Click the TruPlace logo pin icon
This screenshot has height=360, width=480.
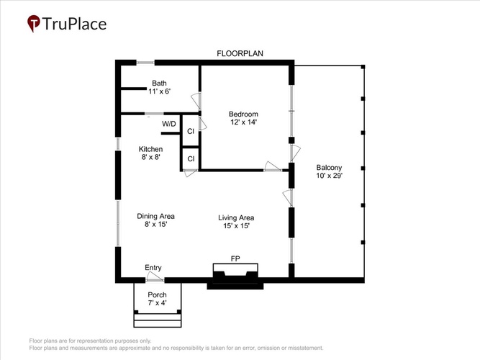click(x=34, y=23)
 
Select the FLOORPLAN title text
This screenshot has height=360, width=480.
click(x=240, y=53)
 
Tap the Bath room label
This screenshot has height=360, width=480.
click(x=159, y=83)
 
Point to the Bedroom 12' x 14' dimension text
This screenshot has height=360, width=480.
click(x=243, y=122)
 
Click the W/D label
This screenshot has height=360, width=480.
click(x=169, y=124)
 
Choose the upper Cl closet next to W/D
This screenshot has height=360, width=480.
click(x=191, y=131)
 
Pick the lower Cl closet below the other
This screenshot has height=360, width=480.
click(x=191, y=158)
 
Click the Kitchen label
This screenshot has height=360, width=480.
click(x=150, y=149)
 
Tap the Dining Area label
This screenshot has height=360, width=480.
click(x=155, y=216)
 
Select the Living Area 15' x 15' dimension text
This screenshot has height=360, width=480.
click(x=236, y=226)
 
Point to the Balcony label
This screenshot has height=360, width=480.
click(x=329, y=168)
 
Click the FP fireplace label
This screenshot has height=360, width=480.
click(x=235, y=259)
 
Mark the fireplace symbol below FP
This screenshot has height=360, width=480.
click(x=235, y=276)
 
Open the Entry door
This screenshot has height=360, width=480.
click(x=155, y=277)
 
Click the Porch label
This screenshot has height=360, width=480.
click(x=158, y=294)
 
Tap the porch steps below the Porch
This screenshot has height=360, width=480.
click(x=158, y=320)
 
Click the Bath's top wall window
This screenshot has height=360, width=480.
click(x=145, y=63)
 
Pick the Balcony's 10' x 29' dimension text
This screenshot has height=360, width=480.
click(x=329, y=176)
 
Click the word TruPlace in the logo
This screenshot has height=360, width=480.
click(x=74, y=24)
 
